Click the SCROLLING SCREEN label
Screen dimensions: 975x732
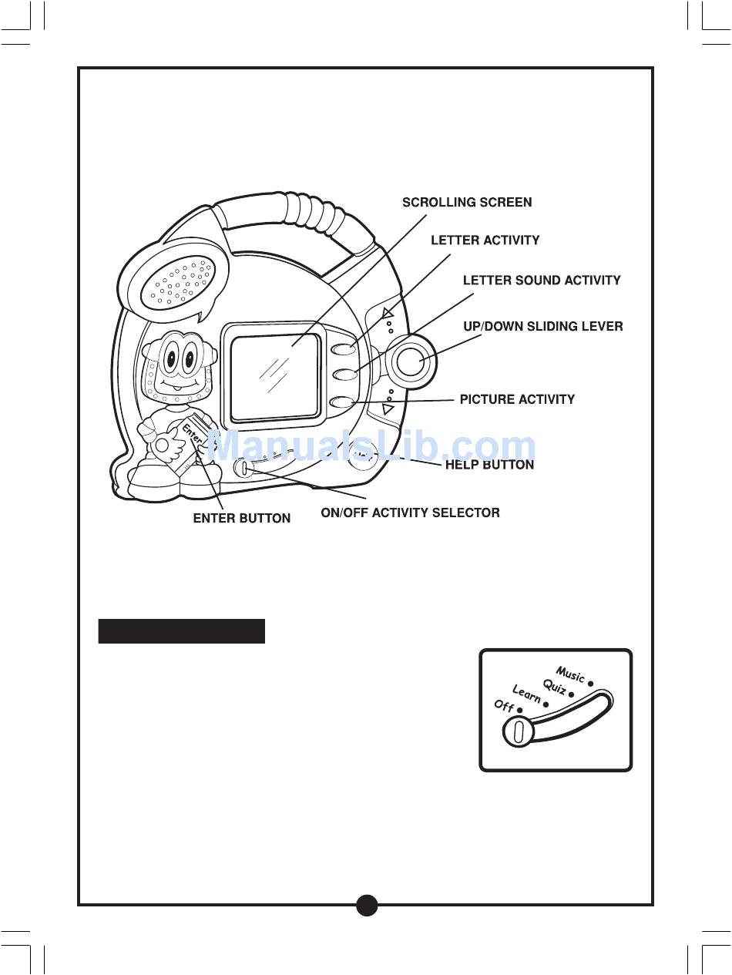click(x=467, y=203)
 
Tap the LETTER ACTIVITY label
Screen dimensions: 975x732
click(x=485, y=240)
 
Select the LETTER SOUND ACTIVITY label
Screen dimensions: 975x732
click(x=542, y=281)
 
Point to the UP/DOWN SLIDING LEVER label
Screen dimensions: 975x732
click(x=542, y=327)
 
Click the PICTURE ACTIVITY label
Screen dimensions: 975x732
click(x=517, y=399)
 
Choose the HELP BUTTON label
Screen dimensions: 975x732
click(x=489, y=465)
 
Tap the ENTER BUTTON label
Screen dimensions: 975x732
click(x=241, y=519)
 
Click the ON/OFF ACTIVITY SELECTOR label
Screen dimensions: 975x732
click(x=410, y=513)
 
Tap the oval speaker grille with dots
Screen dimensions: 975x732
click(x=183, y=282)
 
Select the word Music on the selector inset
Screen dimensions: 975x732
click(x=570, y=676)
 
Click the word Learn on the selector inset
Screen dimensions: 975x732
click(x=527, y=695)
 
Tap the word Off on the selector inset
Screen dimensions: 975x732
click(x=504, y=706)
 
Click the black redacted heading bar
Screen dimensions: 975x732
click(x=182, y=630)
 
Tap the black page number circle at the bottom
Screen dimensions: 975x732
click(x=367, y=905)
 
